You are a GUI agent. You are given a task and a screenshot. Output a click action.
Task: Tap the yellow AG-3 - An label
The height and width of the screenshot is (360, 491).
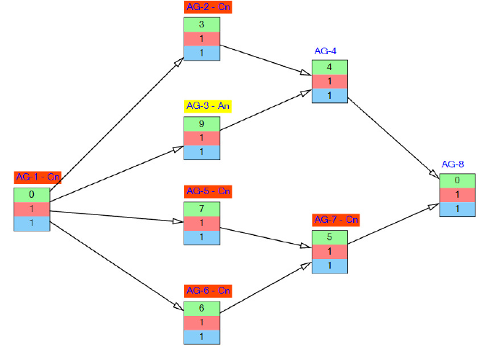[x=208, y=106]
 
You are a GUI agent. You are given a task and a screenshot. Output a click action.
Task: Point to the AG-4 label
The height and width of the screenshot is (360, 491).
[x=325, y=51]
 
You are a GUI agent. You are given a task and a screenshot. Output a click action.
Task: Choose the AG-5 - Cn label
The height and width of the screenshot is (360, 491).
[x=208, y=191]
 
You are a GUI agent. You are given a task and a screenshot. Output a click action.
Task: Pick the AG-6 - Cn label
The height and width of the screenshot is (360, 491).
[x=208, y=290]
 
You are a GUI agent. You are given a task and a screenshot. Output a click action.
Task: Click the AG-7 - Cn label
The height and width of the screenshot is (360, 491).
[x=336, y=219]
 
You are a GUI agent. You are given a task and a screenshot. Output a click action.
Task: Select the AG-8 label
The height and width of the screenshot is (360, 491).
[x=453, y=164]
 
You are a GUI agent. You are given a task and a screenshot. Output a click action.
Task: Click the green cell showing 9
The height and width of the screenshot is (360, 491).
[x=201, y=123]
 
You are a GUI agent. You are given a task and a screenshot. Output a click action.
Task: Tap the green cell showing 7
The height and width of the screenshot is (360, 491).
[x=201, y=208]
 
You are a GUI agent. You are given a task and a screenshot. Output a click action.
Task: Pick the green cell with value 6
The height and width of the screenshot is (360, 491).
[x=201, y=307]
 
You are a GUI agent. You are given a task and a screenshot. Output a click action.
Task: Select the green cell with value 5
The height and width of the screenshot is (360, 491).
[x=330, y=237]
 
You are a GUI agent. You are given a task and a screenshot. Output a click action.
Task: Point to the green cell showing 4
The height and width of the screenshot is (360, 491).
[x=330, y=67]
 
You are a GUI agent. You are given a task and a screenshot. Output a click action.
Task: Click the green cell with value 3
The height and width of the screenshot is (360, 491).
[x=201, y=25]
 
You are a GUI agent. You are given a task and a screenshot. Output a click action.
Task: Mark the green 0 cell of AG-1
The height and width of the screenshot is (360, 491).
[x=32, y=194]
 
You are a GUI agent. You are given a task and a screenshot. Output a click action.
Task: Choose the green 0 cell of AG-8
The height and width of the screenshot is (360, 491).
[x=458, y=180]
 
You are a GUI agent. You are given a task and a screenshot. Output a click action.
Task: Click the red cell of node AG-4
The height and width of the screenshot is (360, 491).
[x=330, y=82]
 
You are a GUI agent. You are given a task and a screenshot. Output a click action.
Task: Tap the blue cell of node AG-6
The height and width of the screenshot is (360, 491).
[x=201, y=336]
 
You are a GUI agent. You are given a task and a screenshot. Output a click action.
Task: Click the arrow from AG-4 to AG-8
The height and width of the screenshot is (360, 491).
[x=394, y=136]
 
